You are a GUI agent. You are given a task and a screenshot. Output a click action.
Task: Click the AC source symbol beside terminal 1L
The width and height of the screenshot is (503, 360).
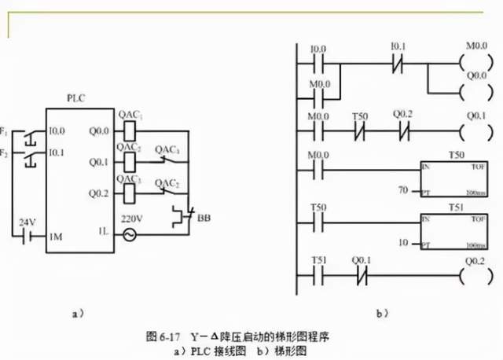click(x=126, y=233)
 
